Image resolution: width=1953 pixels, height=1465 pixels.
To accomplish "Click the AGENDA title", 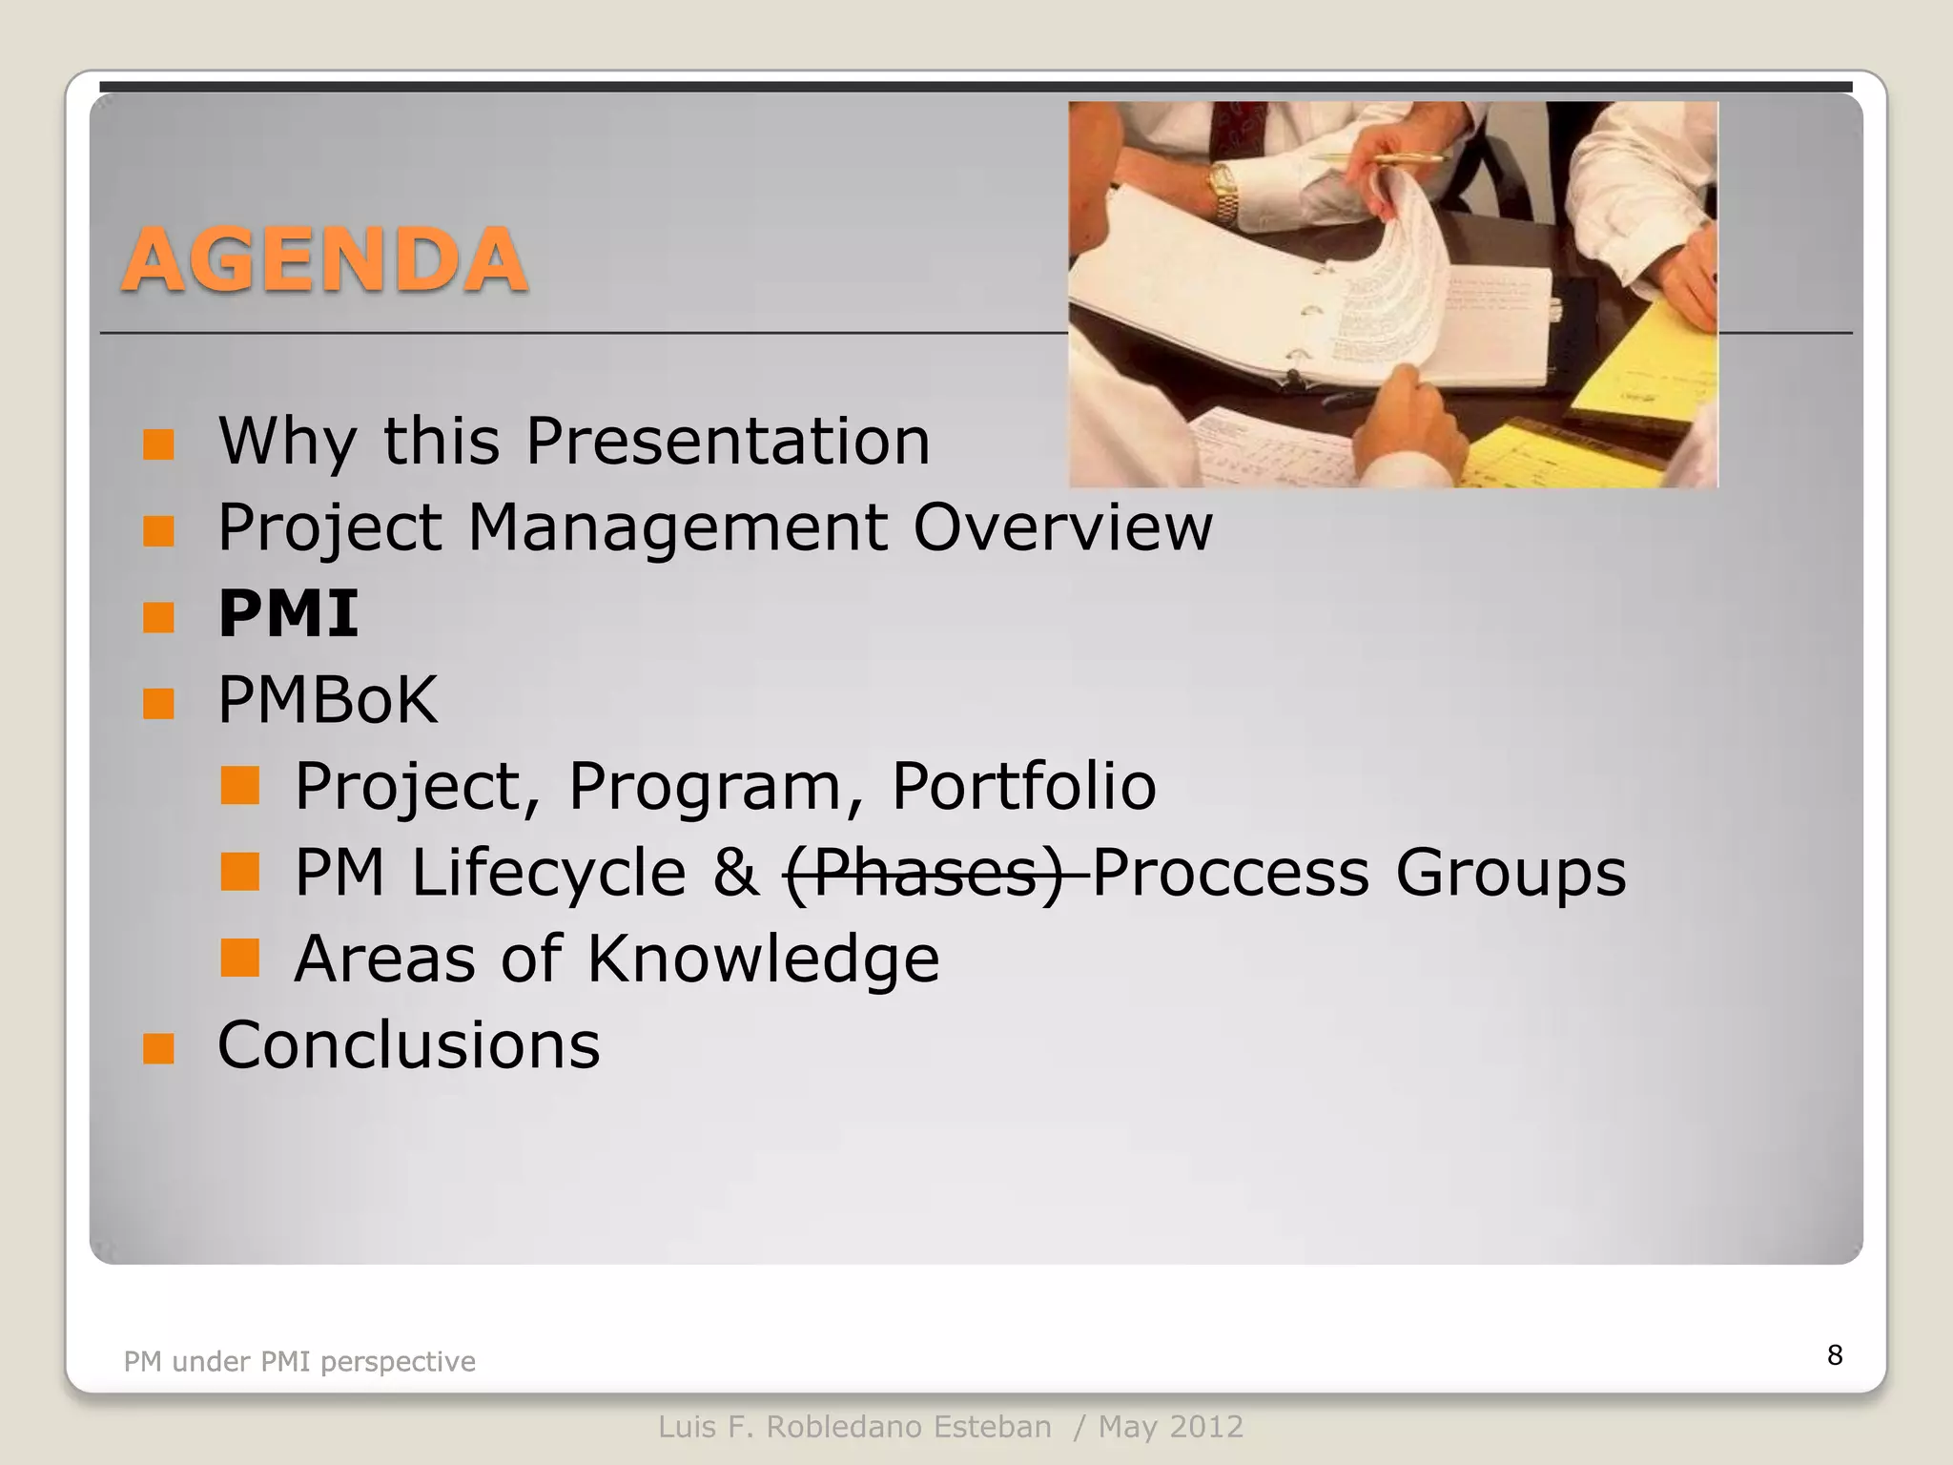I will click(324, 260).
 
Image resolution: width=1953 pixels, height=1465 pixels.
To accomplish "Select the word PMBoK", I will click(327, 700).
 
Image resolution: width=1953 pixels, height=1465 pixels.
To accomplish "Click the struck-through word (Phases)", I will click(923, 873).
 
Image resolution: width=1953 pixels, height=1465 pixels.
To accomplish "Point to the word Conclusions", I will click(408, 1045).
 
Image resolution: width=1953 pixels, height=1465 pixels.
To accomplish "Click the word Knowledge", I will click(762, 959).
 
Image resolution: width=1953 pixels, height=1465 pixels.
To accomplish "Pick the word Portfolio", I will click(1023, 787).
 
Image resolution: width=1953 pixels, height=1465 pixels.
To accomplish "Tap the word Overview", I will click(1062, 527).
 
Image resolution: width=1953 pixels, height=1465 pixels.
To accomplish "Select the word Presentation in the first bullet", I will click(728, 442).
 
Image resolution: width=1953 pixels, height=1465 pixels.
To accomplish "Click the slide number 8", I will click(1834, 1354).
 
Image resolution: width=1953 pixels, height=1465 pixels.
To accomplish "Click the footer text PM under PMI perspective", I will click(299, 1361).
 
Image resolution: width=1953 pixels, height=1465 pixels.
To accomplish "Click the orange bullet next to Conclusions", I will click(158, 1048).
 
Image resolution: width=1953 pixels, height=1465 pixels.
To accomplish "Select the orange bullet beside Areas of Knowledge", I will click(239, 959).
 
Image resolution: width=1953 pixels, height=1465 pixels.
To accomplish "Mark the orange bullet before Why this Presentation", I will click(158, 444).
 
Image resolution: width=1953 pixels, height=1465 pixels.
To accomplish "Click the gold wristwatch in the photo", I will click(1224, 189).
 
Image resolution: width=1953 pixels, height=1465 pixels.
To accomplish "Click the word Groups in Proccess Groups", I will click(1511, 873).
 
